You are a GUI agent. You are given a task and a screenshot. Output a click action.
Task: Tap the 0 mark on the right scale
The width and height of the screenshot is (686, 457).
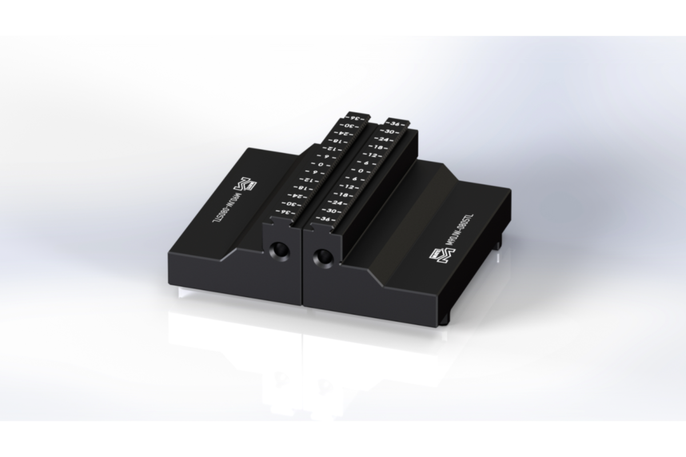click(x=361, y=171)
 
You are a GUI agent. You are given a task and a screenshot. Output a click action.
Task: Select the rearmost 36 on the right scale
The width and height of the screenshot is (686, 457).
click(x=394, y=123)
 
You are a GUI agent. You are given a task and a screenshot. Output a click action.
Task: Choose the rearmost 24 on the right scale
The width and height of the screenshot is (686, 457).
click(x=384, y=139)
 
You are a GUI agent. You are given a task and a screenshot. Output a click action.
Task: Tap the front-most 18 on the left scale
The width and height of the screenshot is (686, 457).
click(x=300, y=188)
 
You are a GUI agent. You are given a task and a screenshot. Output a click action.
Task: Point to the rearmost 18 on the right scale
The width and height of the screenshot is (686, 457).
click(x=378, y=147)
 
